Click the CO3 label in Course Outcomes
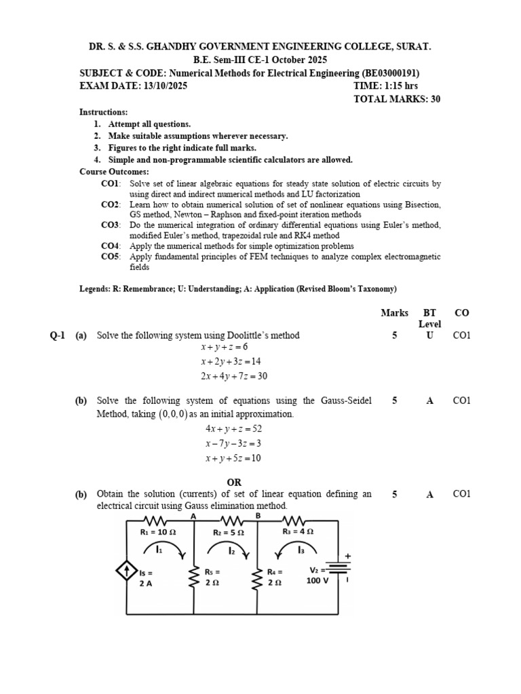111,225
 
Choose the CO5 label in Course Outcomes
111,257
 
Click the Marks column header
394,313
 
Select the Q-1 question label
58,335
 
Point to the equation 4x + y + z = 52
233,429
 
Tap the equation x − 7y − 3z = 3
233,443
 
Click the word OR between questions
233,482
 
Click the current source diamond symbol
127,573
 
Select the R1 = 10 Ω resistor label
158,533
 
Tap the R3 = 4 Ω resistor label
298,532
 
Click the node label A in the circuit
194,516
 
